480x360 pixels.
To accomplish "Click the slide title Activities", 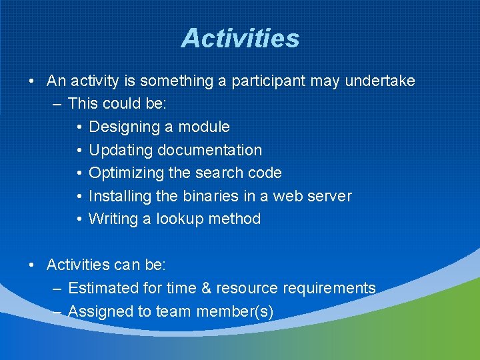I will click(240, 38).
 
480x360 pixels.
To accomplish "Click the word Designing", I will click(121, 127).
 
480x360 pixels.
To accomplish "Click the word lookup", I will click(181, 219).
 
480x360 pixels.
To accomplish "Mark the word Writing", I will click(113, 219).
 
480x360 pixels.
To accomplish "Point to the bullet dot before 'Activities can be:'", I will click(32, 265).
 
